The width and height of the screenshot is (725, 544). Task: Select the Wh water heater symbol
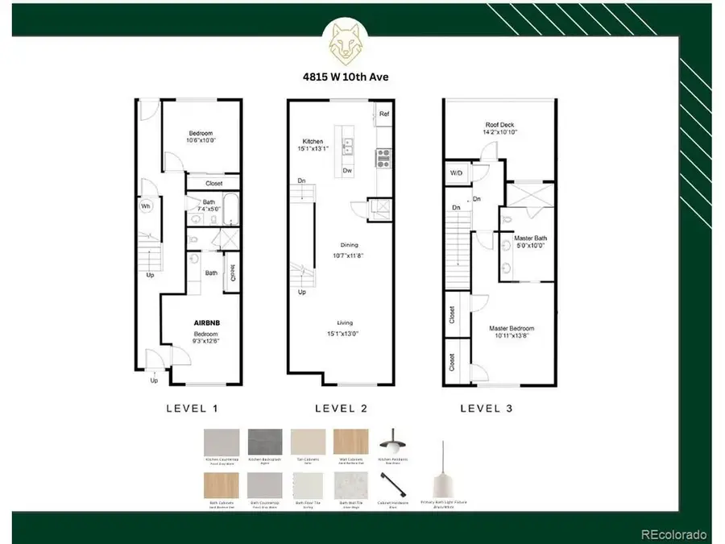coord(147,206)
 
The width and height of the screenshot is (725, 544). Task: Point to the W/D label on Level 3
coord(456,172)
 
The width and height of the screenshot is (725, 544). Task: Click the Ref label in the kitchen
coord(384,114)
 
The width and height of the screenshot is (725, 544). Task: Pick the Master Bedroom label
coord(512,328)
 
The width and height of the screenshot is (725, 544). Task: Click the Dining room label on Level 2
coord(349,245)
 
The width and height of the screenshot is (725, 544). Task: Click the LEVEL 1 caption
coord(192,409)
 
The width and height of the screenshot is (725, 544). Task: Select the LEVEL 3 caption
coord(487,409)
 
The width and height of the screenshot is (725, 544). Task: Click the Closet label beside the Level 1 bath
coord(213,184)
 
